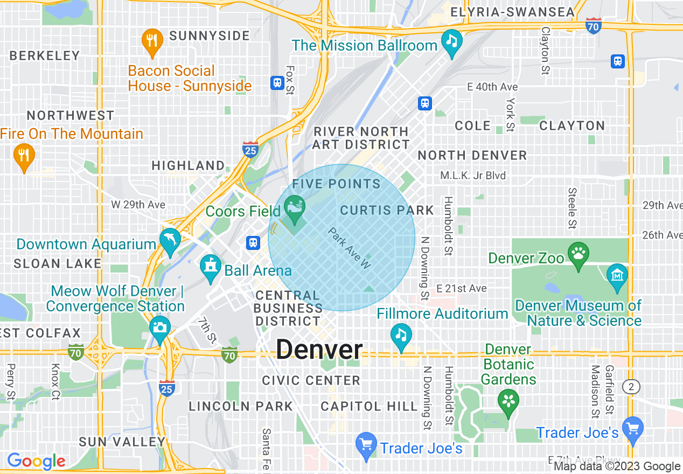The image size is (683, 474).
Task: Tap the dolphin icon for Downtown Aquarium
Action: [x=170, y=241]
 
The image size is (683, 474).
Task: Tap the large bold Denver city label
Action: [x=319, y=350]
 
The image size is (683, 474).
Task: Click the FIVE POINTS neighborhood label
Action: [x=337, y=184]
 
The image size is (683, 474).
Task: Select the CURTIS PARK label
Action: [x=387, y=210]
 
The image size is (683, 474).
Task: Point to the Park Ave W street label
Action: [x=351, y=248]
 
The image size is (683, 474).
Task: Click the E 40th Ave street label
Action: [x=492, y=87]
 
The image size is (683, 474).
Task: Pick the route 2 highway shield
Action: [x=631, y=386]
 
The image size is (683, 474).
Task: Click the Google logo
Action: [x=36, y=461]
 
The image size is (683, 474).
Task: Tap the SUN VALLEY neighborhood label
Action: [x=122, y=442]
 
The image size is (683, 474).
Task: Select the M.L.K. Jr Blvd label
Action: [x=473, y=176]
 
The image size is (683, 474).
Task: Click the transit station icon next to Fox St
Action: [x=277, y=83]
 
